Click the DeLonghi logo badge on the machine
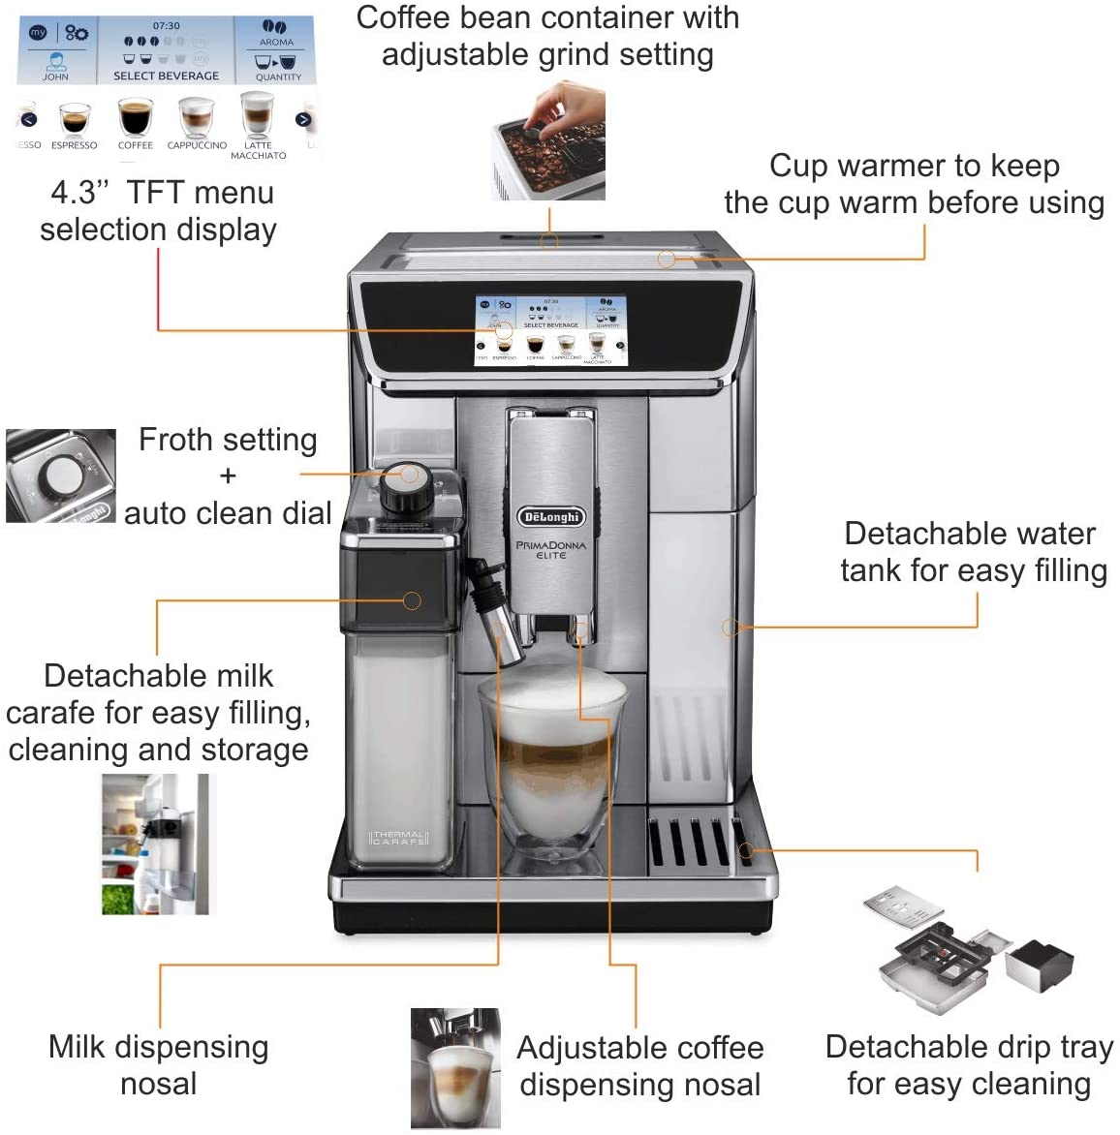point(550,517)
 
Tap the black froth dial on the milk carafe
point(406,489)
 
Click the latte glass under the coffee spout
point(552,764)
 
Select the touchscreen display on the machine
point(550,329)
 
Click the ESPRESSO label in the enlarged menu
point(74,145)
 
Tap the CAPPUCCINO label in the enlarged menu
point(197,145)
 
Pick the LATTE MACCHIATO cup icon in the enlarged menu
point(258,114)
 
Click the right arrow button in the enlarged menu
point(303,120)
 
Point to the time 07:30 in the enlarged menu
point(166,26)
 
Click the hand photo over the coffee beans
point(548,141)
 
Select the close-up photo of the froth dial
point(60,476)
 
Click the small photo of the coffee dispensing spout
point(455,1069)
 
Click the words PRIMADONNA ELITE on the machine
point(550,549)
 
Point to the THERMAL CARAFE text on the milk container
point(398,838)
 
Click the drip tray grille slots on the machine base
point(690,843)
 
